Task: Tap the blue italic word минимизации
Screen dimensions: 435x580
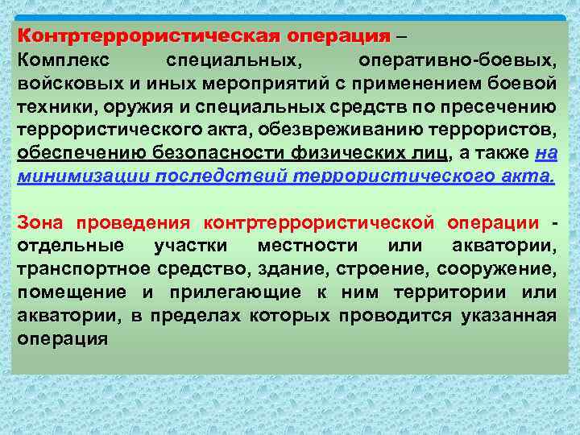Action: click(67, 178)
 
